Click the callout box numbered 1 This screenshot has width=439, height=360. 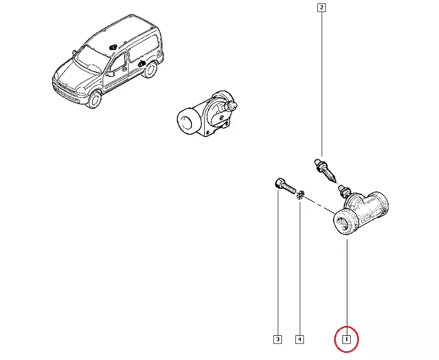click(346, 340)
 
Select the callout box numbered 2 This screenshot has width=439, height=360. click(322, 8)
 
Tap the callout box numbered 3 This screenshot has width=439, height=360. click(278, 340)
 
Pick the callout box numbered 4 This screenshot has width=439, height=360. click(300, 340)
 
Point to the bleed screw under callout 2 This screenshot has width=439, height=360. click(325, 170)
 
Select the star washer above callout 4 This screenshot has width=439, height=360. click(300, 195)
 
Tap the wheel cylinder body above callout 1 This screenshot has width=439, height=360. click(361, 213)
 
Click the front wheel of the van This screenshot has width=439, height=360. click(94, 99)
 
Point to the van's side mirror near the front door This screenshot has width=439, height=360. click(110, 74)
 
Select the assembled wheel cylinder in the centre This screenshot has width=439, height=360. click(207, 114)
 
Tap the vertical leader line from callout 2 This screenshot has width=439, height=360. click(322, 84)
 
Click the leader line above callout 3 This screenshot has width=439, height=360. click(278, 262)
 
